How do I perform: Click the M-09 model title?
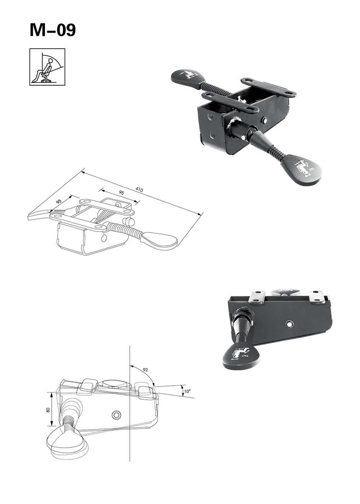pyautogui.click(x=53, y=30)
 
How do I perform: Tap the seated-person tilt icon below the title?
pyautogui.click(x=47, y=67)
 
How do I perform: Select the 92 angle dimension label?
pyautogui.click(x=145, y=370)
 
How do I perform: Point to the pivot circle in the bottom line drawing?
pyautogui.click(x=116, y=415)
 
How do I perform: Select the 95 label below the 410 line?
pyautogui.click(x=121, y=193)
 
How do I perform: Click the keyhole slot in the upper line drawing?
pyautogui.click(x=105, y=238)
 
